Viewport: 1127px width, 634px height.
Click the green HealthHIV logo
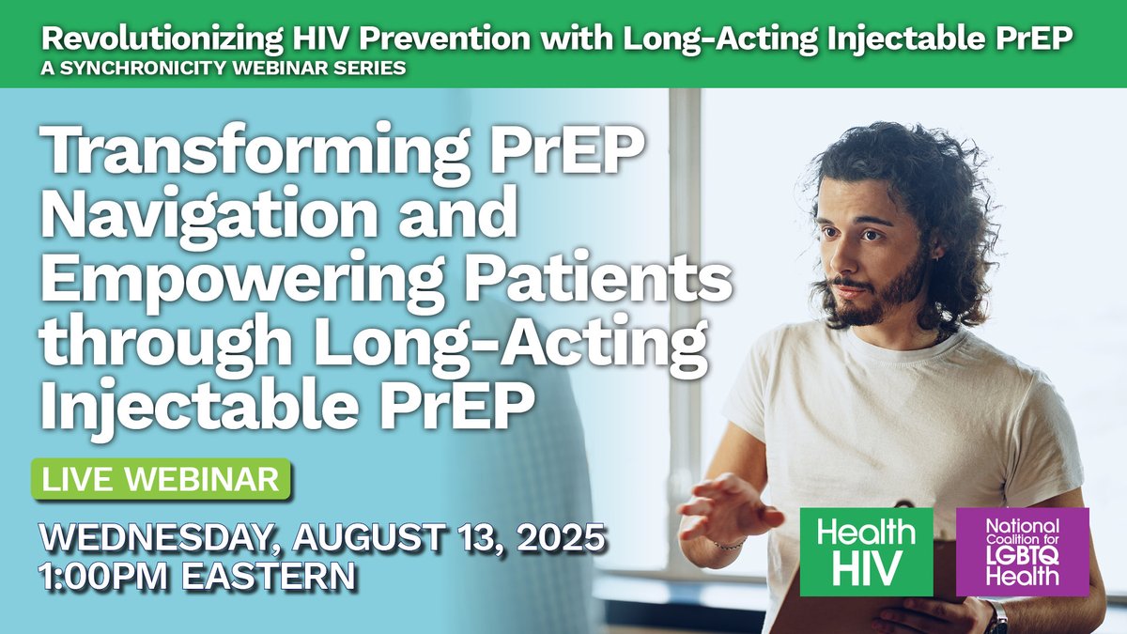point(866,551)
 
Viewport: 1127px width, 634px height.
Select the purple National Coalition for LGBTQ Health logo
point(1022,551)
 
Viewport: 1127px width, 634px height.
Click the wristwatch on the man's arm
point(997,615)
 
